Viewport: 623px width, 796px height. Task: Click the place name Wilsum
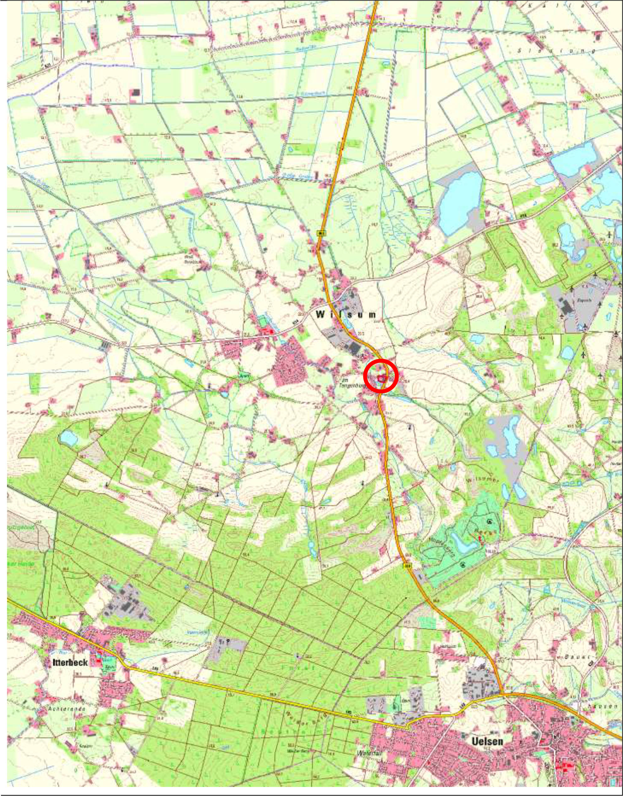346,314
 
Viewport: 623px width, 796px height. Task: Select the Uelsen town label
487,741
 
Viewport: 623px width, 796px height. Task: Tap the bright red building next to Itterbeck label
99,659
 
